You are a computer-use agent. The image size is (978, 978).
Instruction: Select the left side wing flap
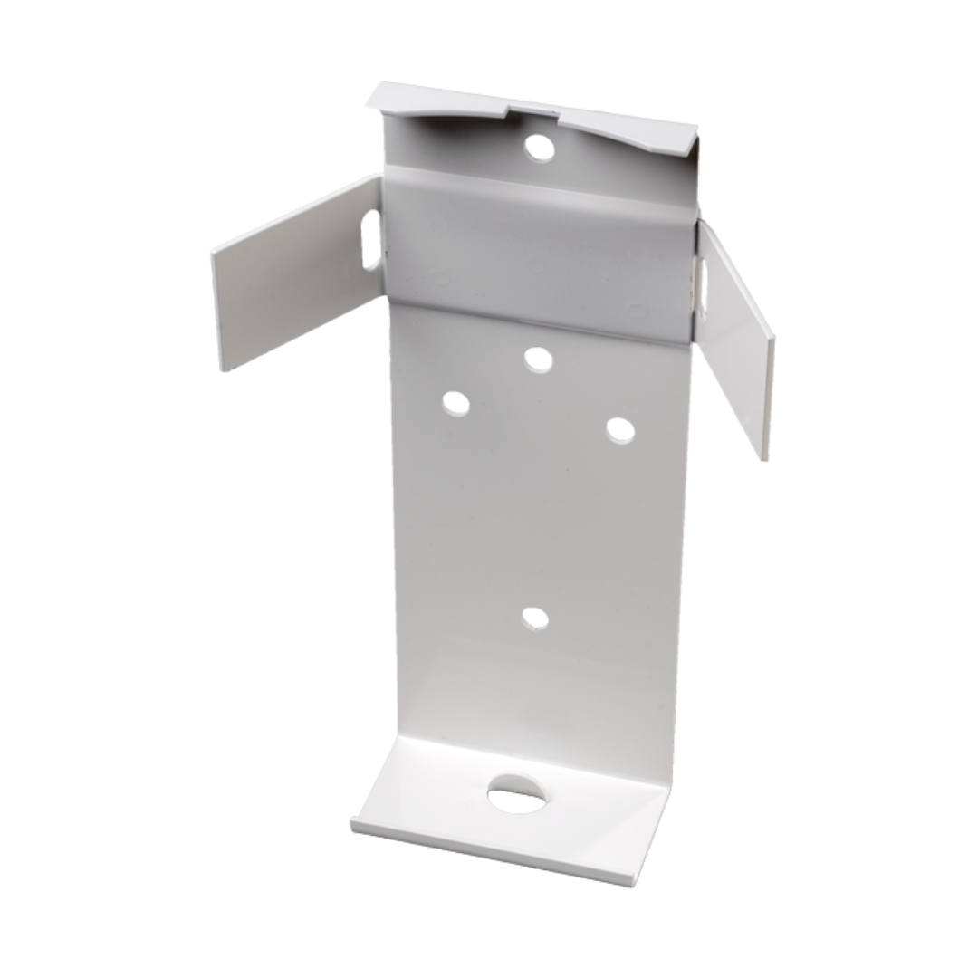click(290, 272)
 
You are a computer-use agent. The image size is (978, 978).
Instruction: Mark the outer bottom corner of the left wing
click(219, 368)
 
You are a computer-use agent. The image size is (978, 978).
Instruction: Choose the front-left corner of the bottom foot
click(355, 826)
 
